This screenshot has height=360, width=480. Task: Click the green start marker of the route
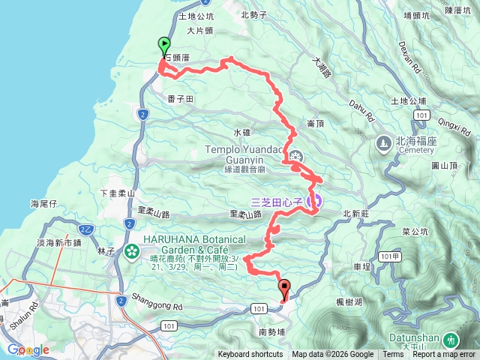point(163,45)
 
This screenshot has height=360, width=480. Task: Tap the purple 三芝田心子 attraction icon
point(315,200)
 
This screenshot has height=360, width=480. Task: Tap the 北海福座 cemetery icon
point(383,141)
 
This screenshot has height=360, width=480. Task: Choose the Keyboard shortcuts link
point(251,355)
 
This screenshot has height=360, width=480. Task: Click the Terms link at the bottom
point(393,355)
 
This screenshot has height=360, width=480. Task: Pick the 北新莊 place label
point(357,214)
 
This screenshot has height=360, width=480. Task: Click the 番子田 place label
point(181,98)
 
